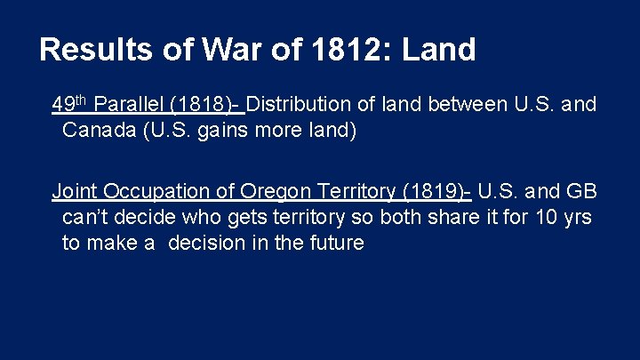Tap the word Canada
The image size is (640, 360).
point(98,132)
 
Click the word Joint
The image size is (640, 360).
point(76,191)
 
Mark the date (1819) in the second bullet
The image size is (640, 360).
point(434,191)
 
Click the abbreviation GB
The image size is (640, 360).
point(581,191)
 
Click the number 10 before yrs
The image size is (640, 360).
point(551,217)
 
